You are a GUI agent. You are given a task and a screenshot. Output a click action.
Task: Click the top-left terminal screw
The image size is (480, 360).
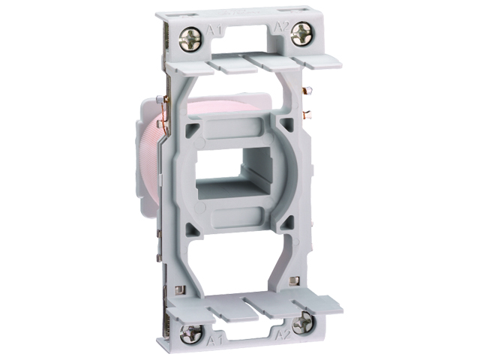(x=190, y=39)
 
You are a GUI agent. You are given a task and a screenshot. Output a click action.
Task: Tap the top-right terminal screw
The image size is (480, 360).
(x=301, y=34)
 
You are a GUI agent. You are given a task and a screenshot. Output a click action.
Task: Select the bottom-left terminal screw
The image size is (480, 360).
(x=190, y=334)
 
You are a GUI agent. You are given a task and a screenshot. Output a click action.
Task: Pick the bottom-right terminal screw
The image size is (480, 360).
(x=302, y=322)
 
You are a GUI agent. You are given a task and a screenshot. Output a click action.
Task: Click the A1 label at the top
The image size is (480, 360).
(x=214, y=30)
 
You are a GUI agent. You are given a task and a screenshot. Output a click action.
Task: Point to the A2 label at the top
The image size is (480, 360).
(x=281, y=27)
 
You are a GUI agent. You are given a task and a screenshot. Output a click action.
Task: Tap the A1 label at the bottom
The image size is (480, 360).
(x=215, y=340)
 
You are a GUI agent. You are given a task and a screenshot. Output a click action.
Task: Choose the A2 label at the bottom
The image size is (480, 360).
(x=283, y=335)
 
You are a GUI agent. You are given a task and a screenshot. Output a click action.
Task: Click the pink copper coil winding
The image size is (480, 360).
(x=153, y=159)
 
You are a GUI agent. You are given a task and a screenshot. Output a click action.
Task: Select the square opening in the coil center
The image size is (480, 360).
(x=234, y=173)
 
